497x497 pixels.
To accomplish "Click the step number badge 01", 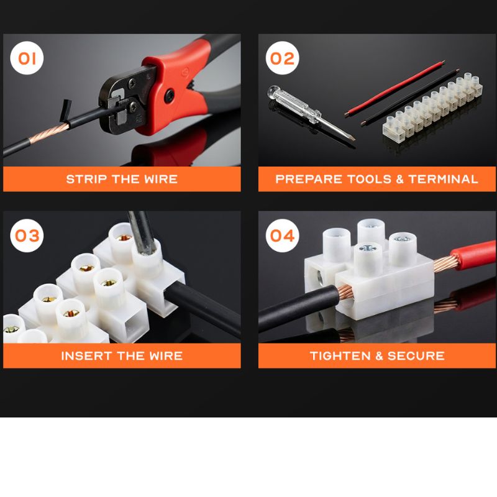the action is (27, 58).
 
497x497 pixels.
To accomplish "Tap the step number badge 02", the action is (283, 58).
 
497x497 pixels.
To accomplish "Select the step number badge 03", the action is (27, 235).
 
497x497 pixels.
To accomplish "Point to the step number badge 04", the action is (283, 235).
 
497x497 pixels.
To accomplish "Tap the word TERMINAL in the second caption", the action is (443, 179).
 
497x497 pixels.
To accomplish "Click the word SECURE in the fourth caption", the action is (416, 356).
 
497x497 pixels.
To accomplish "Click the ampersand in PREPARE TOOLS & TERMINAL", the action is (399, 179).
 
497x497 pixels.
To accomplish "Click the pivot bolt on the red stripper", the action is (169, 95).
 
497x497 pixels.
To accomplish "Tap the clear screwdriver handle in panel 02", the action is (294, 104).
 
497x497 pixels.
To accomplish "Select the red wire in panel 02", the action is (394, 89).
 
